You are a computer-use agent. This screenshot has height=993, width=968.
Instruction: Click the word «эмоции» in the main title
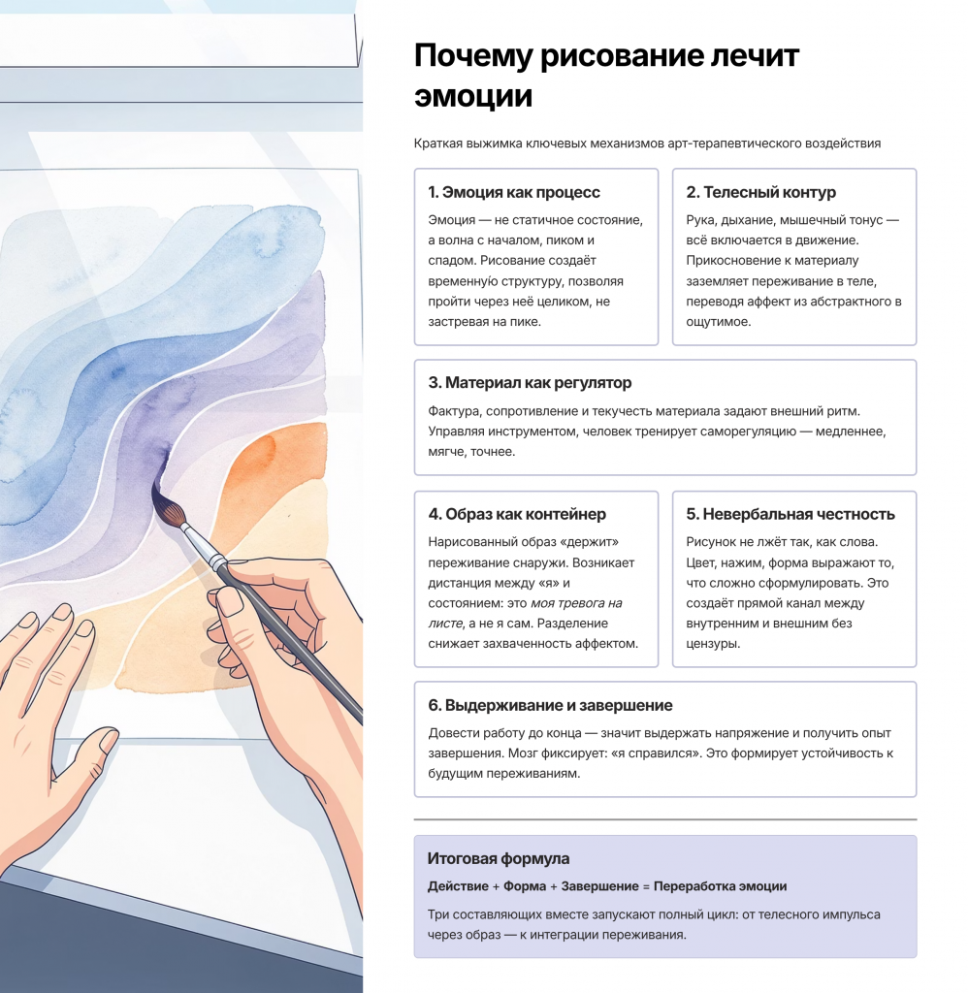click(x=473, y=97)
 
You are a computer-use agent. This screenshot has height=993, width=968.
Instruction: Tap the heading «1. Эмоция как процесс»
click(x=514, y=192)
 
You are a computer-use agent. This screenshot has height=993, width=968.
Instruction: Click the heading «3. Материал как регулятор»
click(x=530, y=382)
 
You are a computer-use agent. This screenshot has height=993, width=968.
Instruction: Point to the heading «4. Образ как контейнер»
click(x=517, y=514)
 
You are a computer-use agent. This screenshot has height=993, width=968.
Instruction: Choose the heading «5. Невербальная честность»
click(x=790, y=514)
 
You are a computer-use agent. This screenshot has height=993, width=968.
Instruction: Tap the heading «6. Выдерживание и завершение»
click(x=550, y=705)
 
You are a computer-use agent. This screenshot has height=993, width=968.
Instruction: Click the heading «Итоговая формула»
click(x=498, y=859)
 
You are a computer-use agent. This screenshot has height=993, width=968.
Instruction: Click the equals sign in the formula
click(x=646, y=886)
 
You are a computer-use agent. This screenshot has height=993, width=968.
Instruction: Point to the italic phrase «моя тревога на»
click(x=576, y=603)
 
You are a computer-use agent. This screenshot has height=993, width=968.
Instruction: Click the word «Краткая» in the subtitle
click(x=437, y=144)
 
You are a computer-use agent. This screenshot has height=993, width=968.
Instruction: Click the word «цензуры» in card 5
click(x=713, y=644)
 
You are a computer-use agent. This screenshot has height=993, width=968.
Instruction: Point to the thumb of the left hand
click(x=88, y=756)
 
